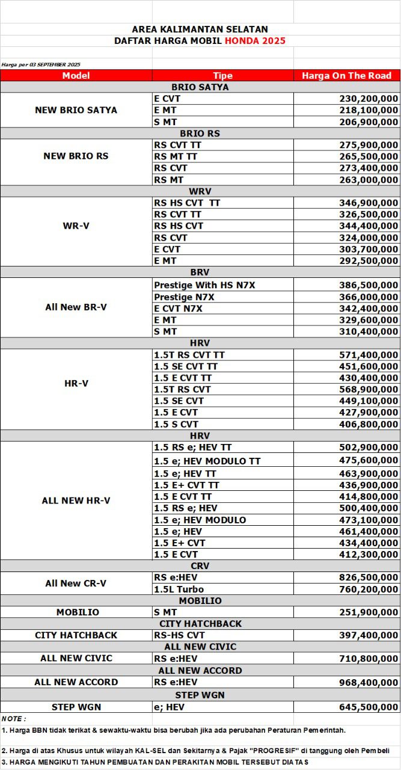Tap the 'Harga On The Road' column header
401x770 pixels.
(x=346, y=75)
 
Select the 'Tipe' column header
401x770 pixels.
(x=222, y=75)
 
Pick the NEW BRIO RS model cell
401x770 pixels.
(x=76, y=156)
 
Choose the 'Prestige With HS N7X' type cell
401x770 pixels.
(x=204, y=285)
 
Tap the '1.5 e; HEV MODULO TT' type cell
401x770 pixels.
(x=207, y=461)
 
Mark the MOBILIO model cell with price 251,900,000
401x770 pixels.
(x=78, y=612)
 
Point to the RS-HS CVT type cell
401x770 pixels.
(x=179, y=635)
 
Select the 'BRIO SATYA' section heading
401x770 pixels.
(x=200, y=87)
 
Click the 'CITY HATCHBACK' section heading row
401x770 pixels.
(x=200, y=624)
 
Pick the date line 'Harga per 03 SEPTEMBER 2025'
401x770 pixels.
(x=41, y=64)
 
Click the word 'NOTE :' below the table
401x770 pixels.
(x=14, y=719)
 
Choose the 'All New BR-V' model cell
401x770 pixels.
(x=76, y=307)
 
